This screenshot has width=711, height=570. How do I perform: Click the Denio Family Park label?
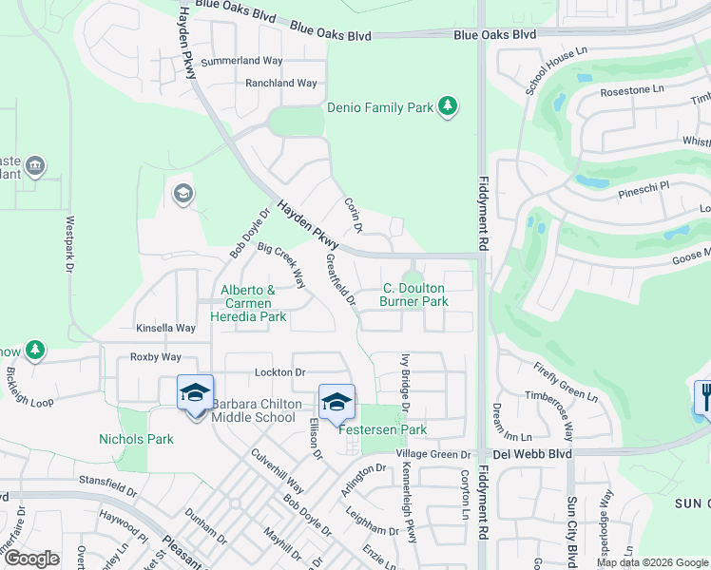click(x=380, y=108)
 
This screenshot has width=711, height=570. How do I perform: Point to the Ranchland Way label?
click(x=281, y=84)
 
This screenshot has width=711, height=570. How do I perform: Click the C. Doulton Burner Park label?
click(x=414, y=294)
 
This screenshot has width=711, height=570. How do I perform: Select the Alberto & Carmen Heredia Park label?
click(x=247, y=303)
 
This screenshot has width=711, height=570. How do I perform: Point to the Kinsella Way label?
click(x=165, y=328)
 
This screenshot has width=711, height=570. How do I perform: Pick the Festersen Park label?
click(x=383, y=429)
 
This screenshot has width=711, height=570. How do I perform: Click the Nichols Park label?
click(x=136, y=439)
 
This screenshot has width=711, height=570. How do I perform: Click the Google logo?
click(x=32, y=559)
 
